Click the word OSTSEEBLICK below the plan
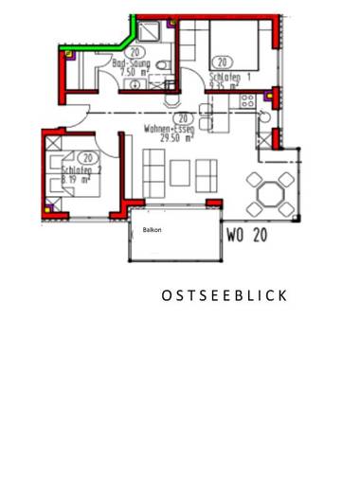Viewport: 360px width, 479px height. click(x=224, y=295)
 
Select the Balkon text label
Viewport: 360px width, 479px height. click(x=152, y=230)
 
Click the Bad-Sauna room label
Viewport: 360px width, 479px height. click(x=132, y=63)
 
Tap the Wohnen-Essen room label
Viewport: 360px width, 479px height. click(x=171, y=128)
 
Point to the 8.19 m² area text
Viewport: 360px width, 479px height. click(x=75, y=179)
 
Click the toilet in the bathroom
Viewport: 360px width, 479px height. click(x=163, y=65)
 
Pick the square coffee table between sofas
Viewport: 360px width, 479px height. click(x=179, y=172)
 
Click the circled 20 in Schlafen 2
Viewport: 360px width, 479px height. click(x=87, y=158)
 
